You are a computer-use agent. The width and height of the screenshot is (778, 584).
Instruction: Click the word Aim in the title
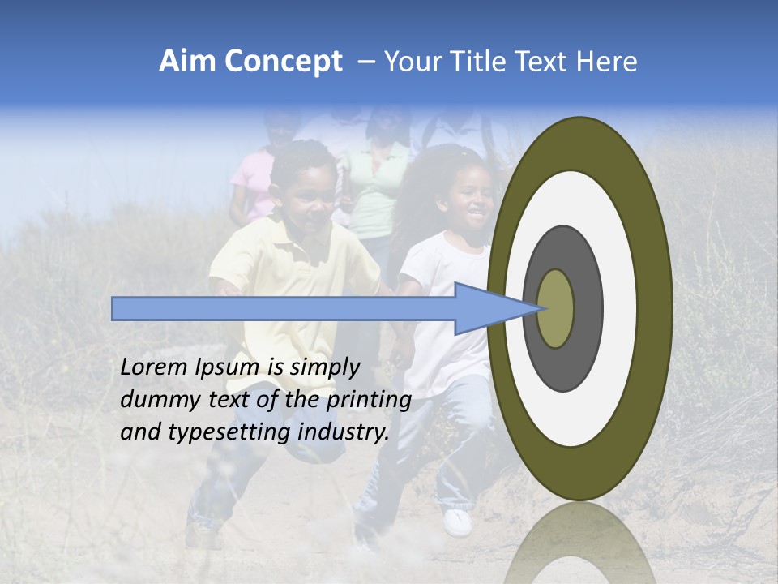(189, 62)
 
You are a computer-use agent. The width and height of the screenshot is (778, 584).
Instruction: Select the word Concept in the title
(283, 62)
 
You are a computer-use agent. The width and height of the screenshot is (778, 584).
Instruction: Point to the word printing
(368, 401)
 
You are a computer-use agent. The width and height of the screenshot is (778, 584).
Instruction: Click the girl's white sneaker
(457, 522)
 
